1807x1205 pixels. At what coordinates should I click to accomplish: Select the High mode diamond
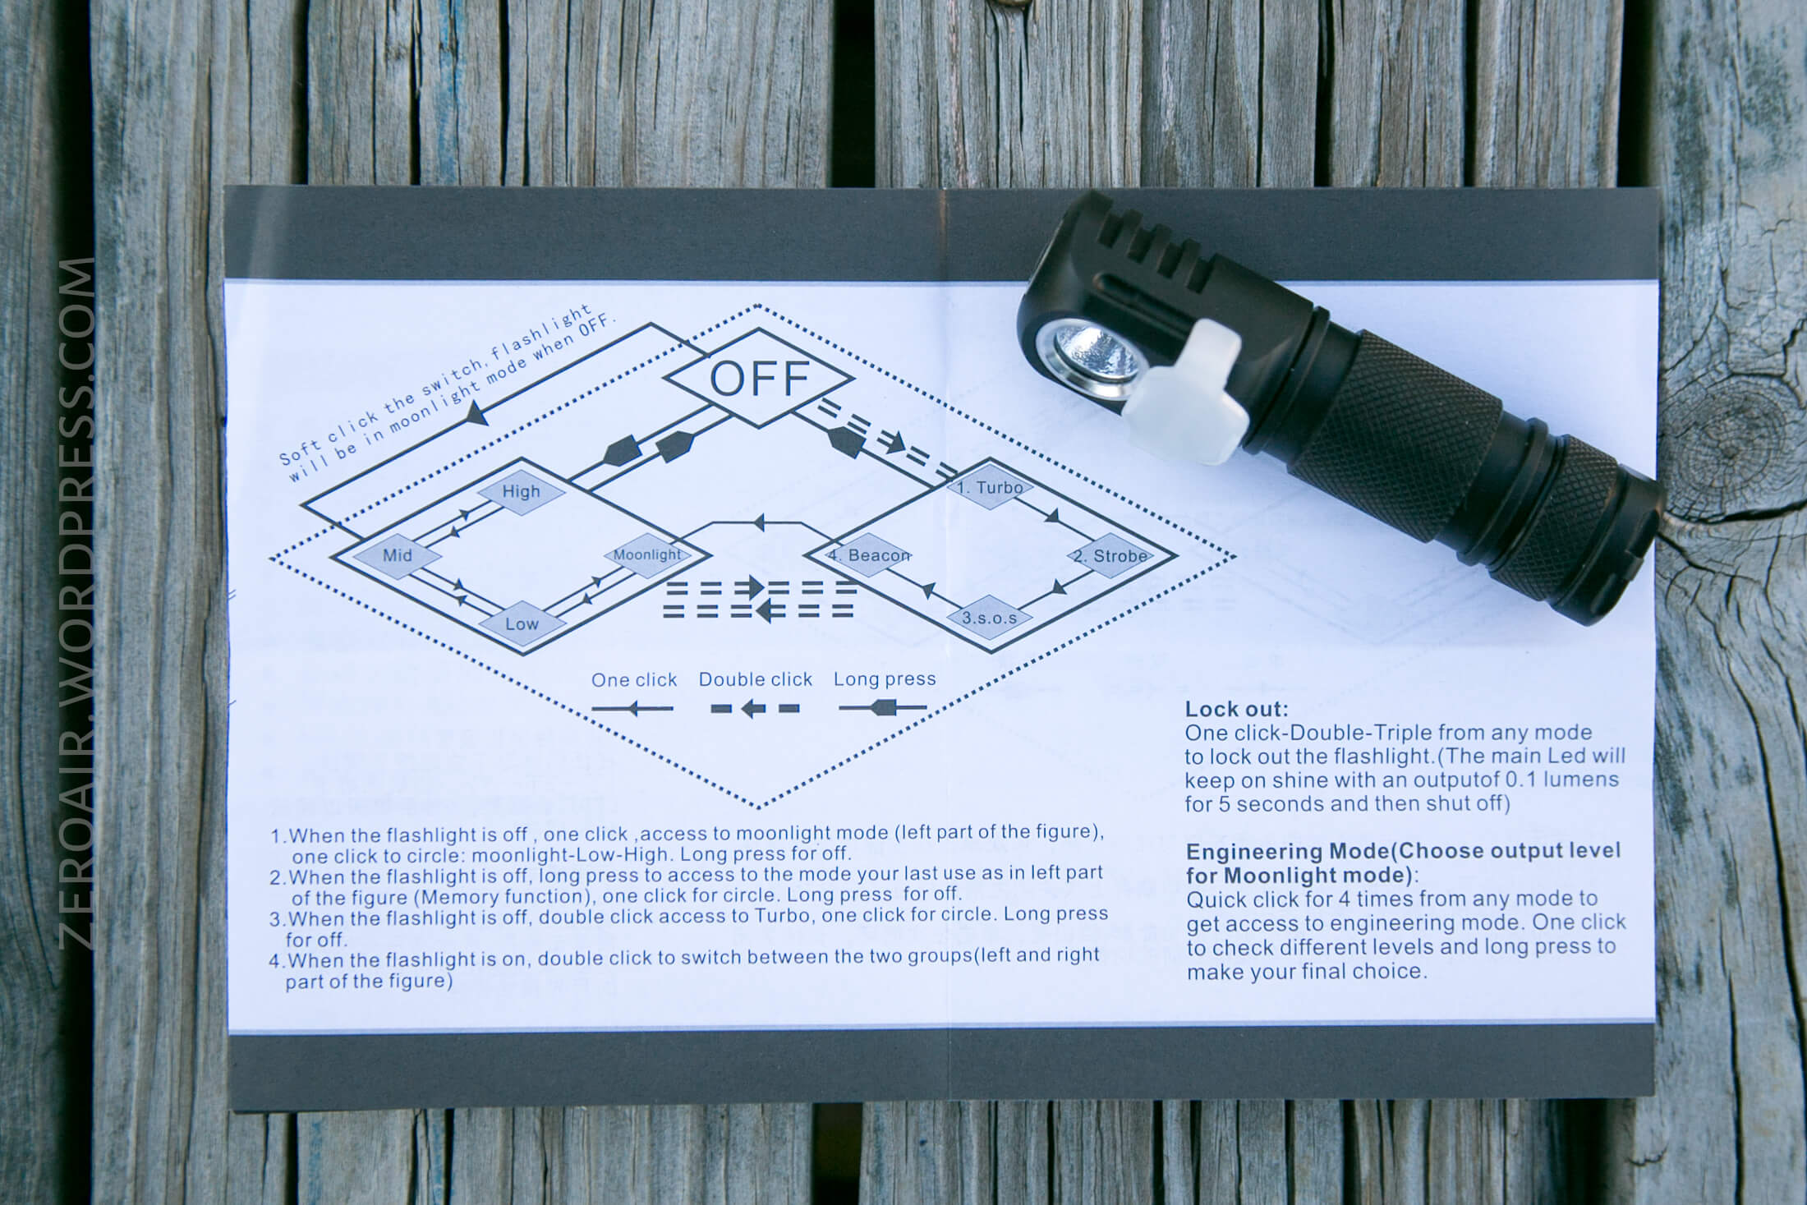[x=522, y=492]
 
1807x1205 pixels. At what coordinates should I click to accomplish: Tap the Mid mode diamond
[x=398, y=555]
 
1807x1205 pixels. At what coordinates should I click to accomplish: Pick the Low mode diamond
[x=522, y=623]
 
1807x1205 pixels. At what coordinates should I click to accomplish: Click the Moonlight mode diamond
[x=647, y=555]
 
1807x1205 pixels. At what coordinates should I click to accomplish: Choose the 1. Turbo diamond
[x=991, y=488]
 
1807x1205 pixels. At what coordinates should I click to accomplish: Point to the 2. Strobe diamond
[x=1110, y=556]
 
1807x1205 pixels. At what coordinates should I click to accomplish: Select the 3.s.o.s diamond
[x=990, y=618]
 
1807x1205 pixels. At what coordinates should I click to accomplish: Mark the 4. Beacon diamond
[x=869, y=555]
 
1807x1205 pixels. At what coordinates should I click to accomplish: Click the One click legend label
[x=634, y=680]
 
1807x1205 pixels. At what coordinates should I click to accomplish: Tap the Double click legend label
[x=756, y=679]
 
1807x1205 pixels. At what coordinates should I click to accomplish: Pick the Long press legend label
[x=885, y=679]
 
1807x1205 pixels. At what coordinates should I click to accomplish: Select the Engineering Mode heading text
[x=1403, y=862]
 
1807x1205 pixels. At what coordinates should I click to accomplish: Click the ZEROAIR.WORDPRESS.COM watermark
[x=79, y=603]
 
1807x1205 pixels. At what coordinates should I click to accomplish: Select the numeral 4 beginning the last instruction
[x=274, y=960]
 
